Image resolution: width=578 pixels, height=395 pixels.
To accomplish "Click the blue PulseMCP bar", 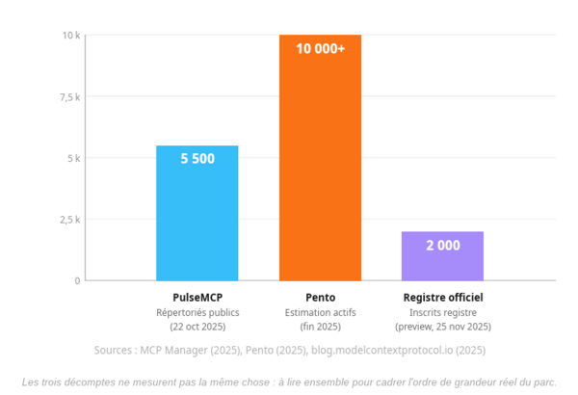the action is (197, 213).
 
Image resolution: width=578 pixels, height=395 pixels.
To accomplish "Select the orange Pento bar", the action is (320, 158).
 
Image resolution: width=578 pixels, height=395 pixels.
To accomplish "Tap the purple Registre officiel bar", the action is (442, 256).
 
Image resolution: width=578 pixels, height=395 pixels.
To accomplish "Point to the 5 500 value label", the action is (197, 159).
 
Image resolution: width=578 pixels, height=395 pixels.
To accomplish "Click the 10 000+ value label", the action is (321, 49).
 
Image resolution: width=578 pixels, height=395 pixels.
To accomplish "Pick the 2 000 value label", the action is (443, 246).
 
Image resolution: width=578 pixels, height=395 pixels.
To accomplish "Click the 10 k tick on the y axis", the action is (71, 36).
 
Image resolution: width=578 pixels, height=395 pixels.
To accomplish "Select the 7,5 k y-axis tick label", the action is (70, 97).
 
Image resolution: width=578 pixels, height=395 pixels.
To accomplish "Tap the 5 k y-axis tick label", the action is (74, 158).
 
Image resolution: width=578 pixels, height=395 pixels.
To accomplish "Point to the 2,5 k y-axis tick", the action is (70, 220).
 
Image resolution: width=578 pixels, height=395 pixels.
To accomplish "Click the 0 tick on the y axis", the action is (77, 281).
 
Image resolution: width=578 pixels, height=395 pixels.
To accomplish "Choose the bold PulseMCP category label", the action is (197, 298).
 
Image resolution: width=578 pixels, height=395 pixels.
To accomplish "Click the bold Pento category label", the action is (321, 298).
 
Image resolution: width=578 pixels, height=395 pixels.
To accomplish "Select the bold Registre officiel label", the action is (443, 298).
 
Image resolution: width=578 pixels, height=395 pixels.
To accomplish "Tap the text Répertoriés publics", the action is (197, 313).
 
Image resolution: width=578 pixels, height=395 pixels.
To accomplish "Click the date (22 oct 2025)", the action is (197, 327).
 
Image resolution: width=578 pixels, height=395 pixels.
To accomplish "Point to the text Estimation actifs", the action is (321, 313).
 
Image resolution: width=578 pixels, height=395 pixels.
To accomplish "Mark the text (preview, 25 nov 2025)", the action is (443, 327).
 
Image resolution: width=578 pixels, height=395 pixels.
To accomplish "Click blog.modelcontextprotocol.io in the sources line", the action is (381, 350).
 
